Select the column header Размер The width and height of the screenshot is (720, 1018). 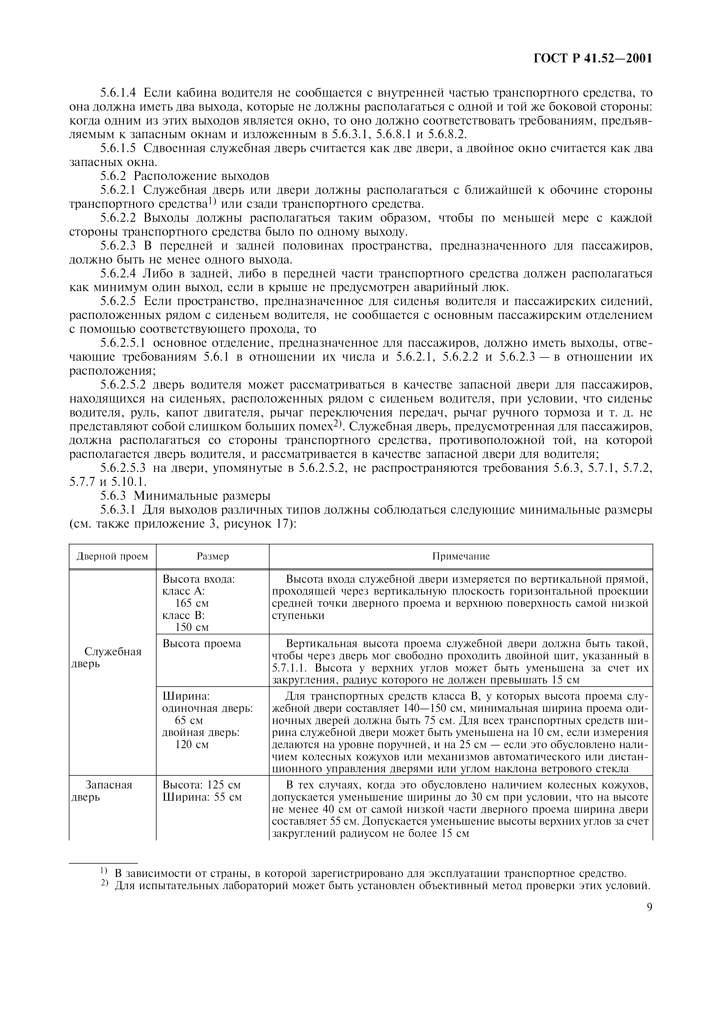(213, 556)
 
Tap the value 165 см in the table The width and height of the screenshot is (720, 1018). (192, 603)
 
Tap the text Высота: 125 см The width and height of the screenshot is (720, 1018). (202, 785)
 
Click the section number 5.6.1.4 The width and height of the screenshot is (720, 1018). (118, 93)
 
